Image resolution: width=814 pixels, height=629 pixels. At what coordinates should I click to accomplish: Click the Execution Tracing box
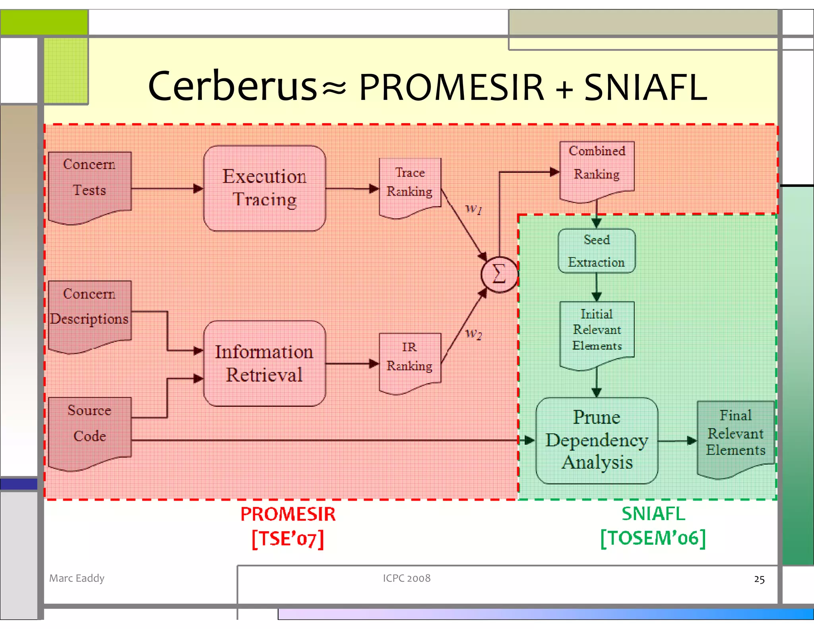pos(264,188)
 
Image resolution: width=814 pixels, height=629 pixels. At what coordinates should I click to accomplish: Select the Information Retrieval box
pos(264,363)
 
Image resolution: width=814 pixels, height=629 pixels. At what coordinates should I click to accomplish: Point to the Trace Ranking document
pos(410,184)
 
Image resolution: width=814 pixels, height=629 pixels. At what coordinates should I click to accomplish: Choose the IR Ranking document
pos(410,359)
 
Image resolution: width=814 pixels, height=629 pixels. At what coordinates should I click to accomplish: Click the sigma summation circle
pos(499,274)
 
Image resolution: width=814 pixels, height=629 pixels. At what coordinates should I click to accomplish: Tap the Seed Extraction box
pos(596,251)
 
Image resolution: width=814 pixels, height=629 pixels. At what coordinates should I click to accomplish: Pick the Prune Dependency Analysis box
pos(597,440)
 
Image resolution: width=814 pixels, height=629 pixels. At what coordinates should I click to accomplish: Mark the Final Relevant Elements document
pos(735,435)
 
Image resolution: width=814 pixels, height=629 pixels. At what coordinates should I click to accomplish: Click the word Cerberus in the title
pos(233,86)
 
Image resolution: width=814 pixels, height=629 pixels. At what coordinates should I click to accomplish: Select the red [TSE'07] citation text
pos(288,539)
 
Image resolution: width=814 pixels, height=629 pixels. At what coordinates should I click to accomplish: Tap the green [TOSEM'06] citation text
pos(653,538)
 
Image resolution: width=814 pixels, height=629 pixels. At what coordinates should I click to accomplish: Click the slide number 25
pos(759,579)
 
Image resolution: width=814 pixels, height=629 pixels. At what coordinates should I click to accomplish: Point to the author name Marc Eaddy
pos(77,578)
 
